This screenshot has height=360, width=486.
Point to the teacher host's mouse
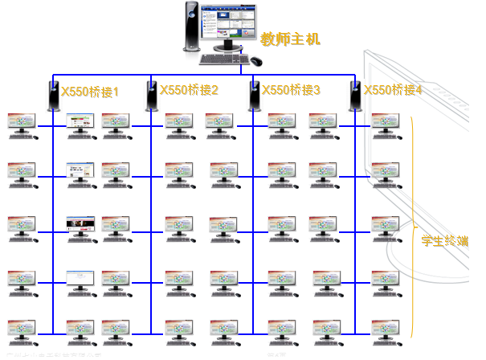pyautogui.click(x=255, y=59)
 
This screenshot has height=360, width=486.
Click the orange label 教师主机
pyautogui.click(x=290, y=38)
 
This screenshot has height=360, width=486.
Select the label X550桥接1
pyautogui.click(x=89, y=92)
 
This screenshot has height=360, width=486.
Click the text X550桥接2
pyautogui.click(x=189, y=91)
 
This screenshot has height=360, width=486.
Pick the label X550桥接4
pyautogui.click(x=393, y=91)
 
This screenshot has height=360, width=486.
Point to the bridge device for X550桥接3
pyautogui.click(x=251, y=96)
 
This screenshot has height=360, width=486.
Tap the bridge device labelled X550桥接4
pyautogui.click(x=354, y=96)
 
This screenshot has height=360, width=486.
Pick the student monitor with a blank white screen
pyautogui.click(x=80, y=276)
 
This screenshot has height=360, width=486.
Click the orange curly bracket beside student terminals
pyautogui.click(x=413, y=225)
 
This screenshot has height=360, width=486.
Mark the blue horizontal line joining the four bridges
pyautogui.click(x=201, y=78)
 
